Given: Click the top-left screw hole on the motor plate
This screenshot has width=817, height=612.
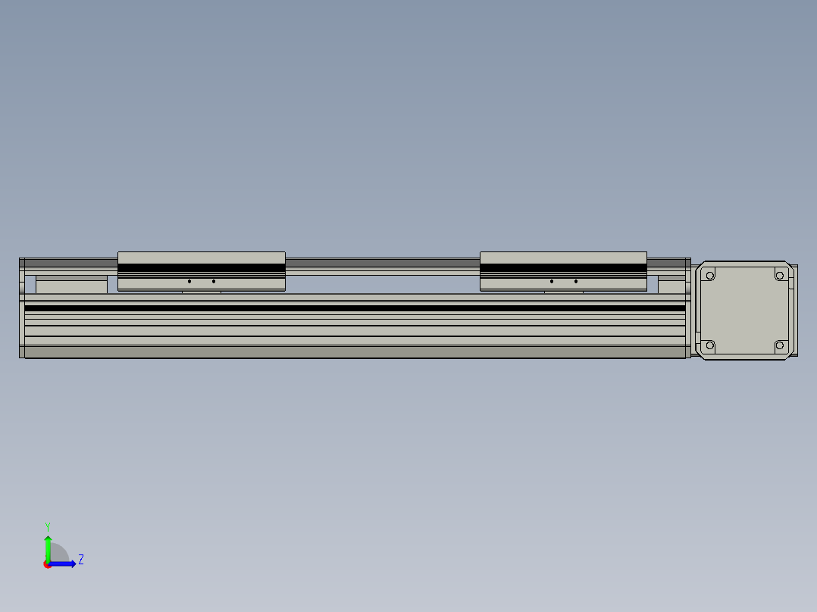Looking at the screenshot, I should tap(710, 276).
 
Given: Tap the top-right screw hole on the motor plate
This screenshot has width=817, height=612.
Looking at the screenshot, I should tap(779, 276).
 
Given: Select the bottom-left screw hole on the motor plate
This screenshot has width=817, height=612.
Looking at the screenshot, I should tap(710, 346).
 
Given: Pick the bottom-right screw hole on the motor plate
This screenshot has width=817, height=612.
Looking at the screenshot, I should tap(779, 346).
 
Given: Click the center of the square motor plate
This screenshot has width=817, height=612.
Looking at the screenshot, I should tap(744, 311).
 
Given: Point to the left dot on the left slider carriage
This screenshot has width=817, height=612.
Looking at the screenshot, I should tap(189, 282).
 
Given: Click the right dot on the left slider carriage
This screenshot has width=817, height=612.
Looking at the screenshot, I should tap(214, 282).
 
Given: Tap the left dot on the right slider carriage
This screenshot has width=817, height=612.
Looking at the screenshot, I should tap(551, 282).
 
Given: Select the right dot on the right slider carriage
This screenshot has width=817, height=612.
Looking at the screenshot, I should tap(575, 282).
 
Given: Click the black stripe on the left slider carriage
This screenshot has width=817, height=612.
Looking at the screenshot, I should tap(202, 267).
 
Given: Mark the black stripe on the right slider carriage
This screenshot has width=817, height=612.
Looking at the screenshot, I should tap(563, 267).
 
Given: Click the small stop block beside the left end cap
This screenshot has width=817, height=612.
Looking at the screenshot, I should tap(71, 286).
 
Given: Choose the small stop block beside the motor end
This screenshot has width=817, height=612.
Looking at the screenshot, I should tap(671, 286).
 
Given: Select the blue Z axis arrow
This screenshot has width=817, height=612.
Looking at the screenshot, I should tap(64, 564).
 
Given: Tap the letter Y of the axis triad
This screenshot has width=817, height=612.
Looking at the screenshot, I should tap(48, 526).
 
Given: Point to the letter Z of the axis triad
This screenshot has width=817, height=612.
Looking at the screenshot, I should tap(80, 560).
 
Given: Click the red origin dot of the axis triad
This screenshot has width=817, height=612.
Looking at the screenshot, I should tap(47, 565).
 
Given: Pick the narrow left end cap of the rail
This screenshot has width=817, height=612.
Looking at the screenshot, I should tap(22, 308).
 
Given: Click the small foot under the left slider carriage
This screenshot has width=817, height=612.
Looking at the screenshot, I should tap(202, 292).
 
